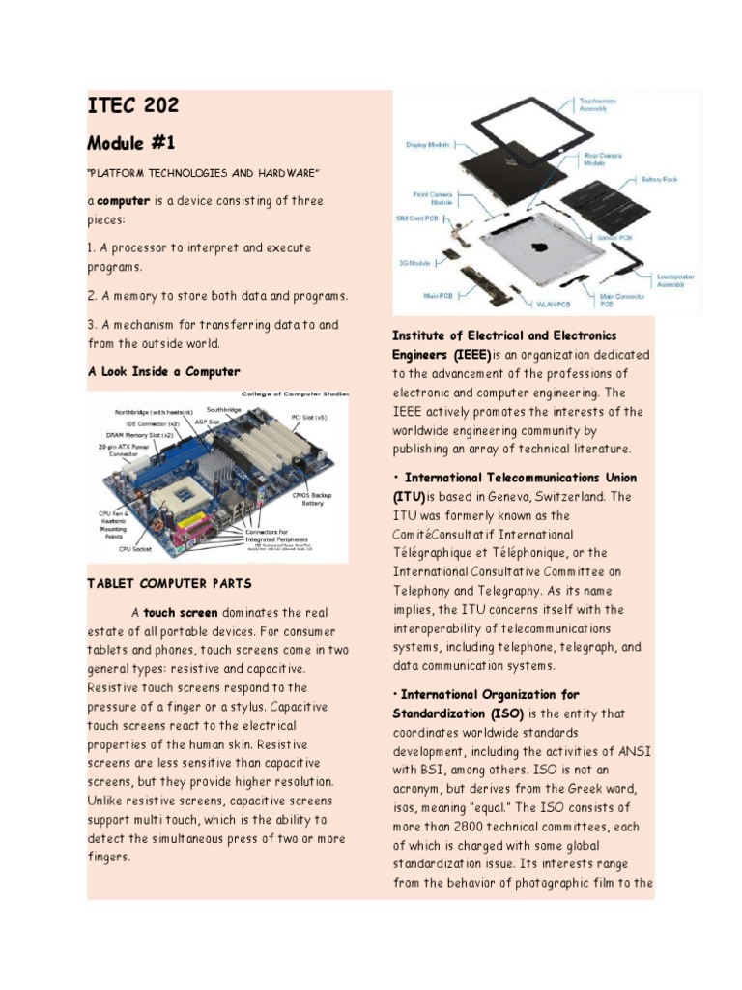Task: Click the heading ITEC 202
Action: coord(133,106)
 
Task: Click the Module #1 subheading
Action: coord(131,143)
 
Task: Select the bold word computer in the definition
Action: coord(123,201)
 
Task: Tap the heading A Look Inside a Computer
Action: coord(163,371)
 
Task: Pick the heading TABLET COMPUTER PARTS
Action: coord(169,583)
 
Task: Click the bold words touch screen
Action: coord(181,613)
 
